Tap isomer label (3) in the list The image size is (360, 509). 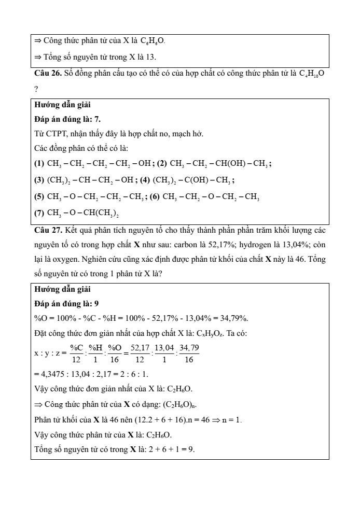click(39, 181)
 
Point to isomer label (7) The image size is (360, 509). click(39, 213)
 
